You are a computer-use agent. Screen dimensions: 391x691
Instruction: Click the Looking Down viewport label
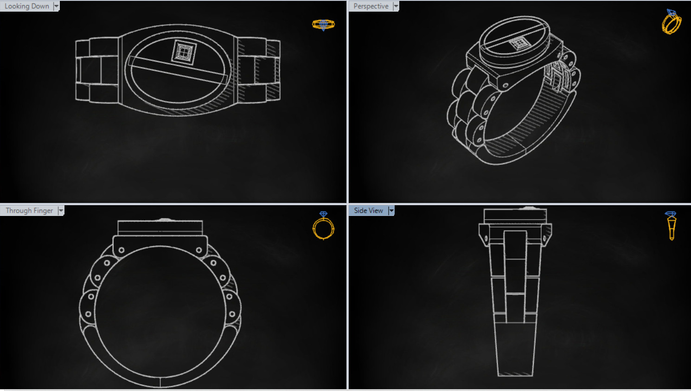click(x=26, y=6)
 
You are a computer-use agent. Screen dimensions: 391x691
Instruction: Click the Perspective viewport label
click(x=371, y=6)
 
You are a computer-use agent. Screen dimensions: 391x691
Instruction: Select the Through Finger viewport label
click(x=29, y=210)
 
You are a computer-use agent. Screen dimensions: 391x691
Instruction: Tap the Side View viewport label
click(x=368, y=210)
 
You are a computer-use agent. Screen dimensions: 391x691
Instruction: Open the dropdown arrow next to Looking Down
click(x=56, y=6)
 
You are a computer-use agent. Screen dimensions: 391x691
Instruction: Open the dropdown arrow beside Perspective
click(x=396, y=6)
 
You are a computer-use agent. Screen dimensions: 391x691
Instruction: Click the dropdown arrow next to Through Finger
click(x=61, y=211)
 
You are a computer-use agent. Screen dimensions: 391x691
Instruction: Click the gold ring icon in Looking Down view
click(x=323, y=25)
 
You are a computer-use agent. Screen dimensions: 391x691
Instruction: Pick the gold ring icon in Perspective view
click(x=671, y=22)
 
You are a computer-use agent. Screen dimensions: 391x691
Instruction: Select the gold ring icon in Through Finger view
click(x=323, y=226)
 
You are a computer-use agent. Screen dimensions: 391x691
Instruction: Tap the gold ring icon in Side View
click(x=671, y=226)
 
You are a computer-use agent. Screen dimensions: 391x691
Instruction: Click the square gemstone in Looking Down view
click(x=183, y=52)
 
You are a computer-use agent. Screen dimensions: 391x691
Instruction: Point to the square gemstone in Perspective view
click(x=518, y=44)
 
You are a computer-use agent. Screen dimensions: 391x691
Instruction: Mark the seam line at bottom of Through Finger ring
click(x=160, y=382)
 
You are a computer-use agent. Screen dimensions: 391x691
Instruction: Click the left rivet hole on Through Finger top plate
click(x=122, y=250)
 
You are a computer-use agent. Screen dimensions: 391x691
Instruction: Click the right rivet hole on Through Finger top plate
click(x=199, y=250)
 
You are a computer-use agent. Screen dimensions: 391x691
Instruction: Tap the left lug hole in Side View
click(x=486, y=239)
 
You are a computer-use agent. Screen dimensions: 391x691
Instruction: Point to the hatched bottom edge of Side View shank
click(x=515, y=373)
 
